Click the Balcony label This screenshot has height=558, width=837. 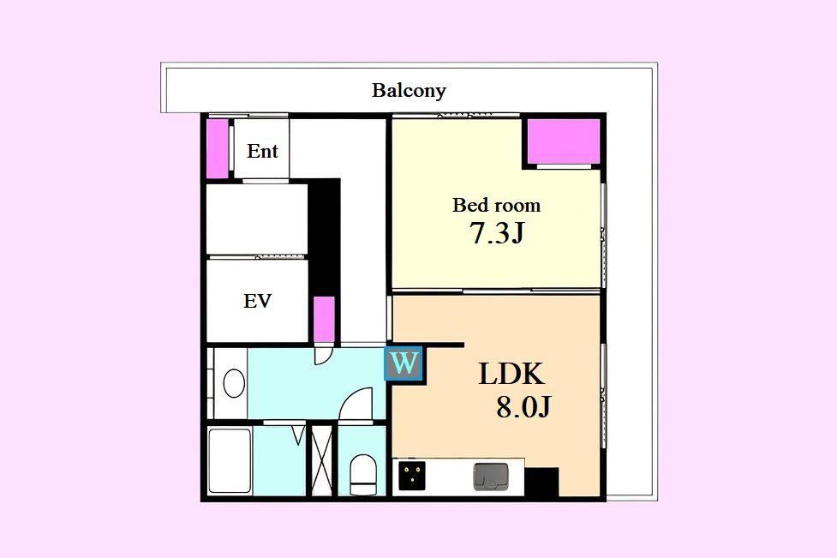(x=409, y=90)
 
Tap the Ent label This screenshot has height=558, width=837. (x=262, y=151)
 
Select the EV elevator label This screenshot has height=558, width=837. (x=257, y=301)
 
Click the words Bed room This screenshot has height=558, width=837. (x=496, y=205)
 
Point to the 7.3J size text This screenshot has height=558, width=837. (x=497, y=232)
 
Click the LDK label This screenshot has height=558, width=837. (x=511, y=374)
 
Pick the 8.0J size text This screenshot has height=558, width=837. (x=523, y=407)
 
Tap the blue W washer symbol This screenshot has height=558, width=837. (x=404, y=363)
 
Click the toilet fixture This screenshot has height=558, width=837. (x=363, y=475)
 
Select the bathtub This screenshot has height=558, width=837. (x=230, y=461)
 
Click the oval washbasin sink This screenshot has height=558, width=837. (x=234, y=383)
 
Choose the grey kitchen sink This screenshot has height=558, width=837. (x=491, y=477)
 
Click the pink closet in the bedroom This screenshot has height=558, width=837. (x=565, y=141)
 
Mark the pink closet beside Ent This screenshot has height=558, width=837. (x=218, y=148)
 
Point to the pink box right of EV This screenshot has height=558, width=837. (x=324, y=319)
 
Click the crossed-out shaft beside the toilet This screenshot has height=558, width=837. (x=322, y=461)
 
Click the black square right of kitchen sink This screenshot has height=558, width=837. (x=541, y=482)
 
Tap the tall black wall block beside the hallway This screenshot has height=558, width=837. (x=325, y=238)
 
